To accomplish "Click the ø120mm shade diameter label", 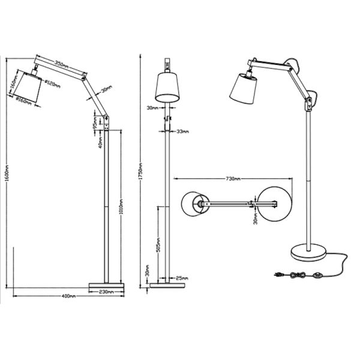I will pos(52,84).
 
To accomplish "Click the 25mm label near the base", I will pos(182,278).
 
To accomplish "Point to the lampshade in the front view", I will pos(167,88).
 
